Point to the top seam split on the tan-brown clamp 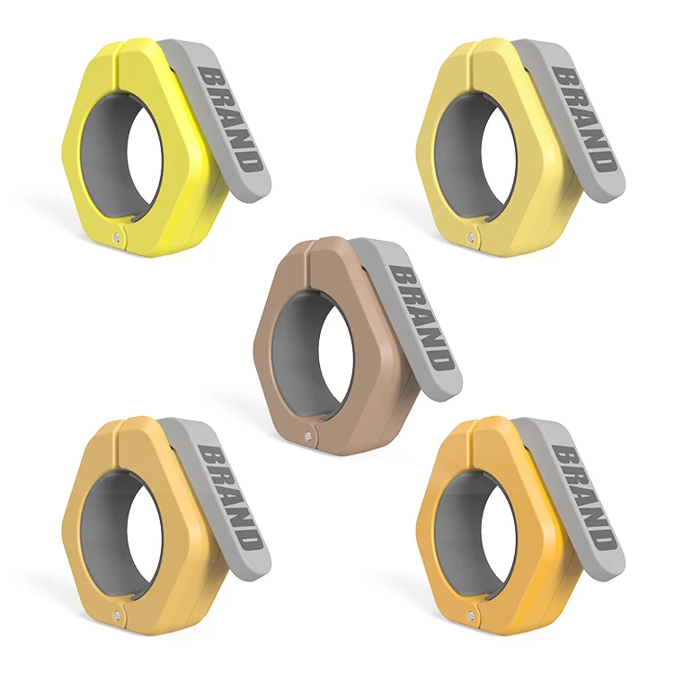click(x=308, y=248)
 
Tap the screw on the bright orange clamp click(x=470, y=616)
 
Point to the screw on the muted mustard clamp click(x=116, y=616)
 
